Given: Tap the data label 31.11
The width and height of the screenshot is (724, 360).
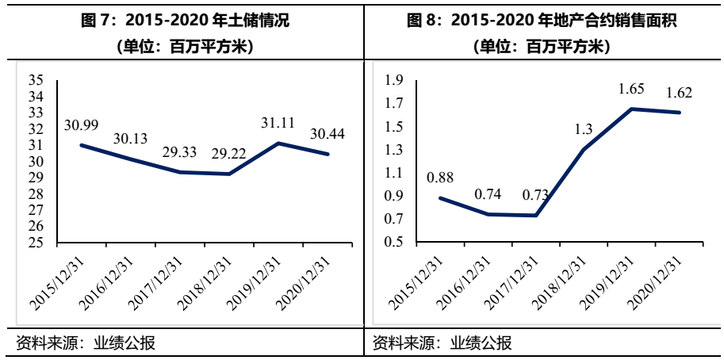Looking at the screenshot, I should pos(278,123).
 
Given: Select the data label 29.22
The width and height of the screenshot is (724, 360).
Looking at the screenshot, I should pos(229,154).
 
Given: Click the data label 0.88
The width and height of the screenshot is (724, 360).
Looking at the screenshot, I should pos(440,178).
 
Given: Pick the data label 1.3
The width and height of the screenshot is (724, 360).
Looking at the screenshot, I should pos(584,129).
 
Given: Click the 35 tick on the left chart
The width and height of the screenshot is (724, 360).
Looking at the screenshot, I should pos(35,80).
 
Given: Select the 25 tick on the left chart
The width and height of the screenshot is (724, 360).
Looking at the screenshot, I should pos(35,243).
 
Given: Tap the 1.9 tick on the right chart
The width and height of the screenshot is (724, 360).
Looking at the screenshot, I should pos(394,80).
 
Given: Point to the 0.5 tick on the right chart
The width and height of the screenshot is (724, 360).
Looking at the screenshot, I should pos(394,243).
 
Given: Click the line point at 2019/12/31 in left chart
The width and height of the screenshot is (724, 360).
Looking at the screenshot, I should pos(278,143).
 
